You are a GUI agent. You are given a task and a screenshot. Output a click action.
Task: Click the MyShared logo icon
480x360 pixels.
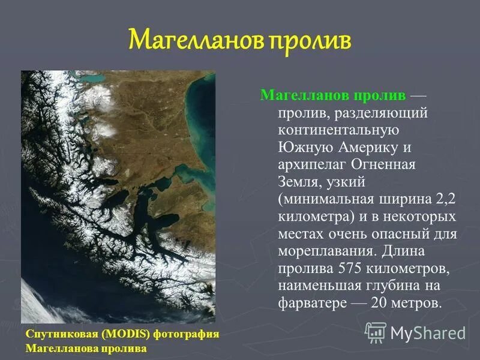tap(376, 332)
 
